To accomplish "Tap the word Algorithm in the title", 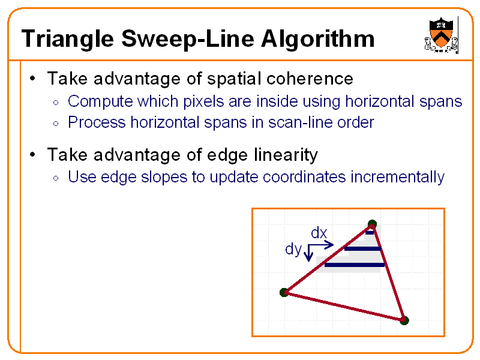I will pos(317,40).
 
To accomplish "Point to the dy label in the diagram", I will pos(293,249).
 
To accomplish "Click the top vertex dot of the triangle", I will pos(372,225).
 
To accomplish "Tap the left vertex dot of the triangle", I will pos(284,292).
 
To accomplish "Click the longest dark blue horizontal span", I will pos(354,265).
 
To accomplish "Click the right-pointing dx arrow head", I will pos(330,244).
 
